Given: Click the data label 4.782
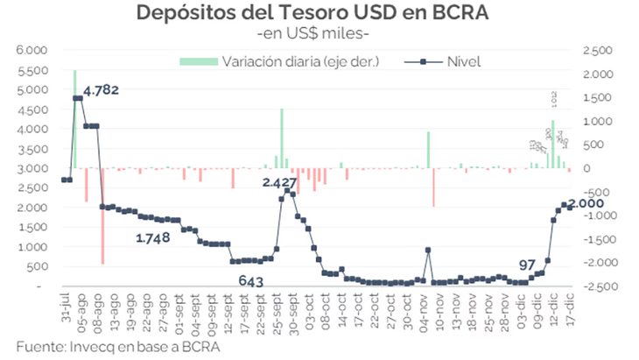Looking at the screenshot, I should tap(101, 89).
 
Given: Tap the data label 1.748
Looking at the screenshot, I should tap(154, 237).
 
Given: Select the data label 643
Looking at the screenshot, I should tap(251, 280).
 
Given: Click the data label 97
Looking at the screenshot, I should tap(527, 265).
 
